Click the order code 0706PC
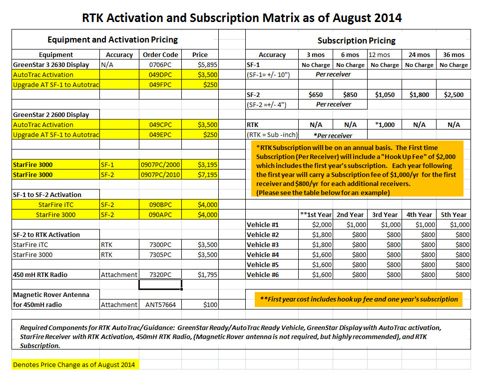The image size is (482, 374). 160,64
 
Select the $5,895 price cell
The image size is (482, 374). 207,64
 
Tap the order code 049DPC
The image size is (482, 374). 160,75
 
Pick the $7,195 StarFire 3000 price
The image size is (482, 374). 207,175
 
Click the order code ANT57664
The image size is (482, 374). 160,304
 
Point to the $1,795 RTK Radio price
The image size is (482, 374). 207,275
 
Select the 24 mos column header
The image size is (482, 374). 419,55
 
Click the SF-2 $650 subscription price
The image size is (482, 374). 316,95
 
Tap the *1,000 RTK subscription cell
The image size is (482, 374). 385,124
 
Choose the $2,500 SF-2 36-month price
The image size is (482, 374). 454,95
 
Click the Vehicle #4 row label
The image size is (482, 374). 263,255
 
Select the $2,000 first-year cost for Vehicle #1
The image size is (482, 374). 322,224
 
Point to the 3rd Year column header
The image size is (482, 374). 385,215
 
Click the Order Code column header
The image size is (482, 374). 160,55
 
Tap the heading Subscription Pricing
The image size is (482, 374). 356,40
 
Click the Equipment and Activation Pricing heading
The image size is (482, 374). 112,39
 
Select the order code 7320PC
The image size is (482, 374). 160,275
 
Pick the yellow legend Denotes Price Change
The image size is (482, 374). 74,365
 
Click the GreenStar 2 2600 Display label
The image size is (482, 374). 51,115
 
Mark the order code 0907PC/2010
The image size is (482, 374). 160,175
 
